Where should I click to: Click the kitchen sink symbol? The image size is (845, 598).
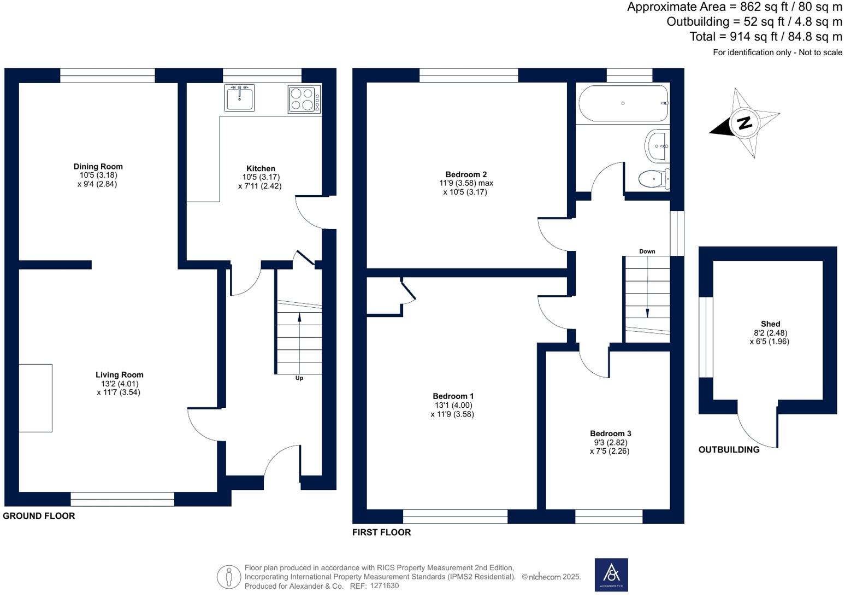point(239,98)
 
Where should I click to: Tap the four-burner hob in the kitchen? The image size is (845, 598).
point(304,99)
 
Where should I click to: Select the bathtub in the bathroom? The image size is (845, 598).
point(623,103)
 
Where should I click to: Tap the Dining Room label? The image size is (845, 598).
point(98,167)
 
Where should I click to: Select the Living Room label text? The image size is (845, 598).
point(120,375)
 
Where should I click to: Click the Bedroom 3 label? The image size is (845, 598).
point(611,433)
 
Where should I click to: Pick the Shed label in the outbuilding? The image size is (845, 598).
point(770,324)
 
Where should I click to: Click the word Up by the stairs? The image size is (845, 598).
point(299,378)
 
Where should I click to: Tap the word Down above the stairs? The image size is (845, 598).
point(647,251)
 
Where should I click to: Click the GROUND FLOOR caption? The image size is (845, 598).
point(39,516)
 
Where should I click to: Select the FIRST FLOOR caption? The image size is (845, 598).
point(381,532)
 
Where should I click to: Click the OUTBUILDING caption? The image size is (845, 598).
point(729,450)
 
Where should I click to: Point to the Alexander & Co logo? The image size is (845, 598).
point(611,574)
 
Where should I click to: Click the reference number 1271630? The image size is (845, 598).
point(385,586)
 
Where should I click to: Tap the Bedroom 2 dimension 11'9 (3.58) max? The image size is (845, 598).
point(466,184)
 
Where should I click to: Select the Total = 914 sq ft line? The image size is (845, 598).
point(766,37)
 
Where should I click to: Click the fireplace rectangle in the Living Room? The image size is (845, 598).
point(36,398)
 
